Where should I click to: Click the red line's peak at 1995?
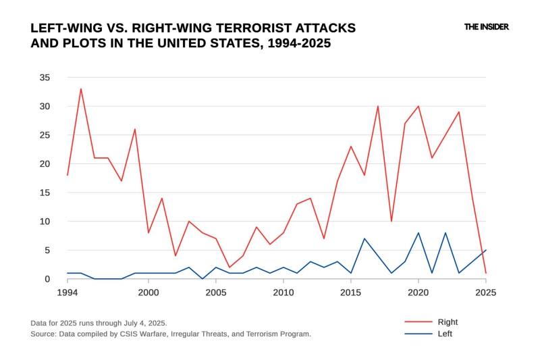click(81, 89)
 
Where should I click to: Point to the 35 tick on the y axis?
click(44, 78)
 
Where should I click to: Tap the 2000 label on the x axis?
click(148, 292)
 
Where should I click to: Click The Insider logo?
click(486, 27)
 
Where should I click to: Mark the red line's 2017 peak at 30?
click(378, 106)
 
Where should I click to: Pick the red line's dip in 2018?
click(391, 221)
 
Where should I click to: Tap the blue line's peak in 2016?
click(364, 238)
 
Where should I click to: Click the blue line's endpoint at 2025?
click(485, 250)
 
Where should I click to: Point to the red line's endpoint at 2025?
click(485, 273)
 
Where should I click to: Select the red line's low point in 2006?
click(230, 267)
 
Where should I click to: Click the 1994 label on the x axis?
click(67, 292)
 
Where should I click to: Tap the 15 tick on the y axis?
click(44, 192)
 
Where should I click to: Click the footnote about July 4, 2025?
click(99, 323)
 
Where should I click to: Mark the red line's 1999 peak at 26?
click(135, 129)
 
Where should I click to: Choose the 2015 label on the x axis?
click(351, 292)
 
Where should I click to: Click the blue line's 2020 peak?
click(418, 233)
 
